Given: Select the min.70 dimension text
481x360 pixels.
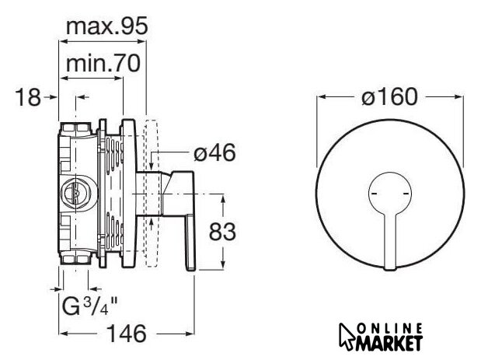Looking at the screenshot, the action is (103, 63).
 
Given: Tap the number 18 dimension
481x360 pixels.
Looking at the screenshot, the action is (28, 97).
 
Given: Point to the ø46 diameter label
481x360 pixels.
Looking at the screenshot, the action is (214, 152).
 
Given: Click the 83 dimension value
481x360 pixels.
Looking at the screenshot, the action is (222, 232).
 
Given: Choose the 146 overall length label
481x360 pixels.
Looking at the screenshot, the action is (127, 334).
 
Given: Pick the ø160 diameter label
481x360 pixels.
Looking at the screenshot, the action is (389, 96).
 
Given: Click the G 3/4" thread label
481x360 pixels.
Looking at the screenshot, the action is (89, 306).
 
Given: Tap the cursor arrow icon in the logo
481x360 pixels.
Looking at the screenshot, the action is (347, 337).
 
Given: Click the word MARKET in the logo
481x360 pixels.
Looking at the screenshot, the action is (389, 344).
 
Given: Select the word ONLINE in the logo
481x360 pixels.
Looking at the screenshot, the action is (390, 330).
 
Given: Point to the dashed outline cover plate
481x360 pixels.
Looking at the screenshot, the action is (152, 194).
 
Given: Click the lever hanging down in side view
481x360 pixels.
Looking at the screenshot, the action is (190, 243).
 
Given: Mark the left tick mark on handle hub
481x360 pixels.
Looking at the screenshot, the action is (374, 194).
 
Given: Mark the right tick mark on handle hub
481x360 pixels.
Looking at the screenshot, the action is (406, 194).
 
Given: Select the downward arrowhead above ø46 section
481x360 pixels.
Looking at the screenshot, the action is (152, 166).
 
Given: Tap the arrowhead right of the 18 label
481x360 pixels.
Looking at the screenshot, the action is (54, 97).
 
